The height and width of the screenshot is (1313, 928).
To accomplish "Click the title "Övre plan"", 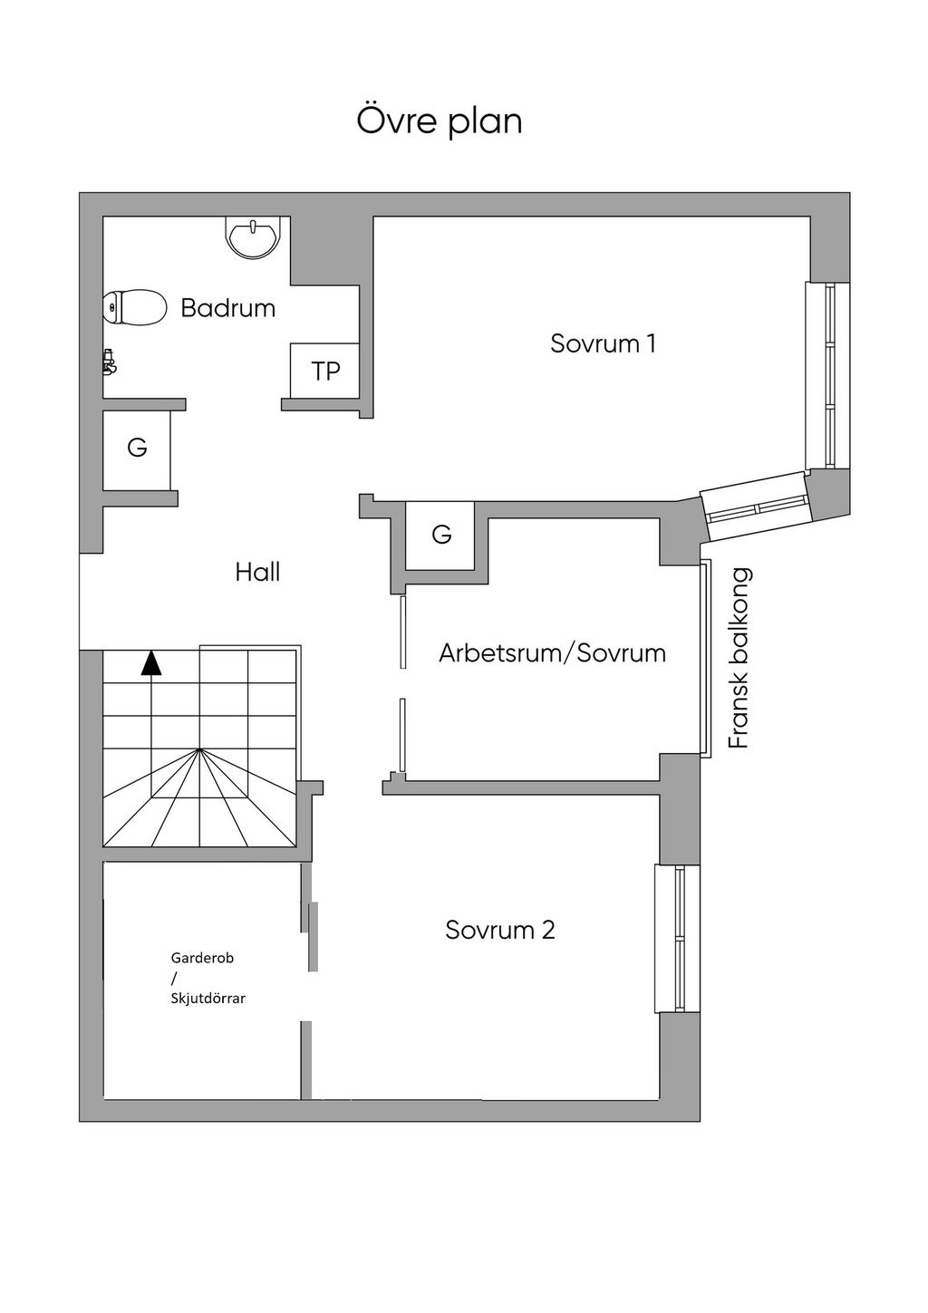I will click(440, 121).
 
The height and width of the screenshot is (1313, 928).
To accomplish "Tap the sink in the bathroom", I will click(253, 238).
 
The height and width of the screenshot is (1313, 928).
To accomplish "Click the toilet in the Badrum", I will click(135, 307).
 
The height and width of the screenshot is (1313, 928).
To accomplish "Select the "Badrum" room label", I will click(228, 308).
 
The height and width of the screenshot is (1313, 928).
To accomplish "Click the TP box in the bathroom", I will click(325, 371).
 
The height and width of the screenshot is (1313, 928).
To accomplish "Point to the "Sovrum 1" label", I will click(603, 343).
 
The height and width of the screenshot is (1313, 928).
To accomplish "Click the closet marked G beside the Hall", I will click(137, 449).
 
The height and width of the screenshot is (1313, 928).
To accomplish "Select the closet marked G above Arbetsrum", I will click(441, 535).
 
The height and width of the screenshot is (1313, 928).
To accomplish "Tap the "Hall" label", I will click(257, 573).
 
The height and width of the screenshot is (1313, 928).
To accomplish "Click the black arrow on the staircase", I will click(151, 663).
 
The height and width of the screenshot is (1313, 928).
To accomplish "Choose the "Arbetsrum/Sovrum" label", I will click(552, 653).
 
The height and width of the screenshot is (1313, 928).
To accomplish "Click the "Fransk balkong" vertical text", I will click(740, 658).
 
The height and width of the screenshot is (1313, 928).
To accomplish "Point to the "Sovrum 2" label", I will click(499, 931).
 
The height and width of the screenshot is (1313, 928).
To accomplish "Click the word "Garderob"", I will click(202, 958).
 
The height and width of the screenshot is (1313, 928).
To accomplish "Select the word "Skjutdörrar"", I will click(208, 999).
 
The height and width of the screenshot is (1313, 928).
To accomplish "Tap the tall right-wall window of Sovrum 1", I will click(828, 375).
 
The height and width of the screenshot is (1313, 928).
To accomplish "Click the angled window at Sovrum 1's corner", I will click(756, 506).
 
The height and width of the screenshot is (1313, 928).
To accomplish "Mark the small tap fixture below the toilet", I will click(110, 362).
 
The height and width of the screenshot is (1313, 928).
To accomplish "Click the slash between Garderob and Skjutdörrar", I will click(173, 978).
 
